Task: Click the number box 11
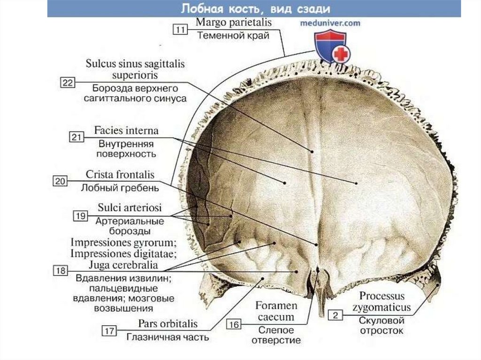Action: [180, 30]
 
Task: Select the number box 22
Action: [68, 83]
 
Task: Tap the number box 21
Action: [77, 137]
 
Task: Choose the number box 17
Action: [110, 331]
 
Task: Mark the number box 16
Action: [235, 324]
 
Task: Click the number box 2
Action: [335, 315]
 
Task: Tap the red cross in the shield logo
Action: [341, 54]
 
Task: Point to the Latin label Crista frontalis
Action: [120, 175]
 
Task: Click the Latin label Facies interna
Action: [126, 130]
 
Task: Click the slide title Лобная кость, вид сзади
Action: [254, 9]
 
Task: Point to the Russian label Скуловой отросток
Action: [382, 326]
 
